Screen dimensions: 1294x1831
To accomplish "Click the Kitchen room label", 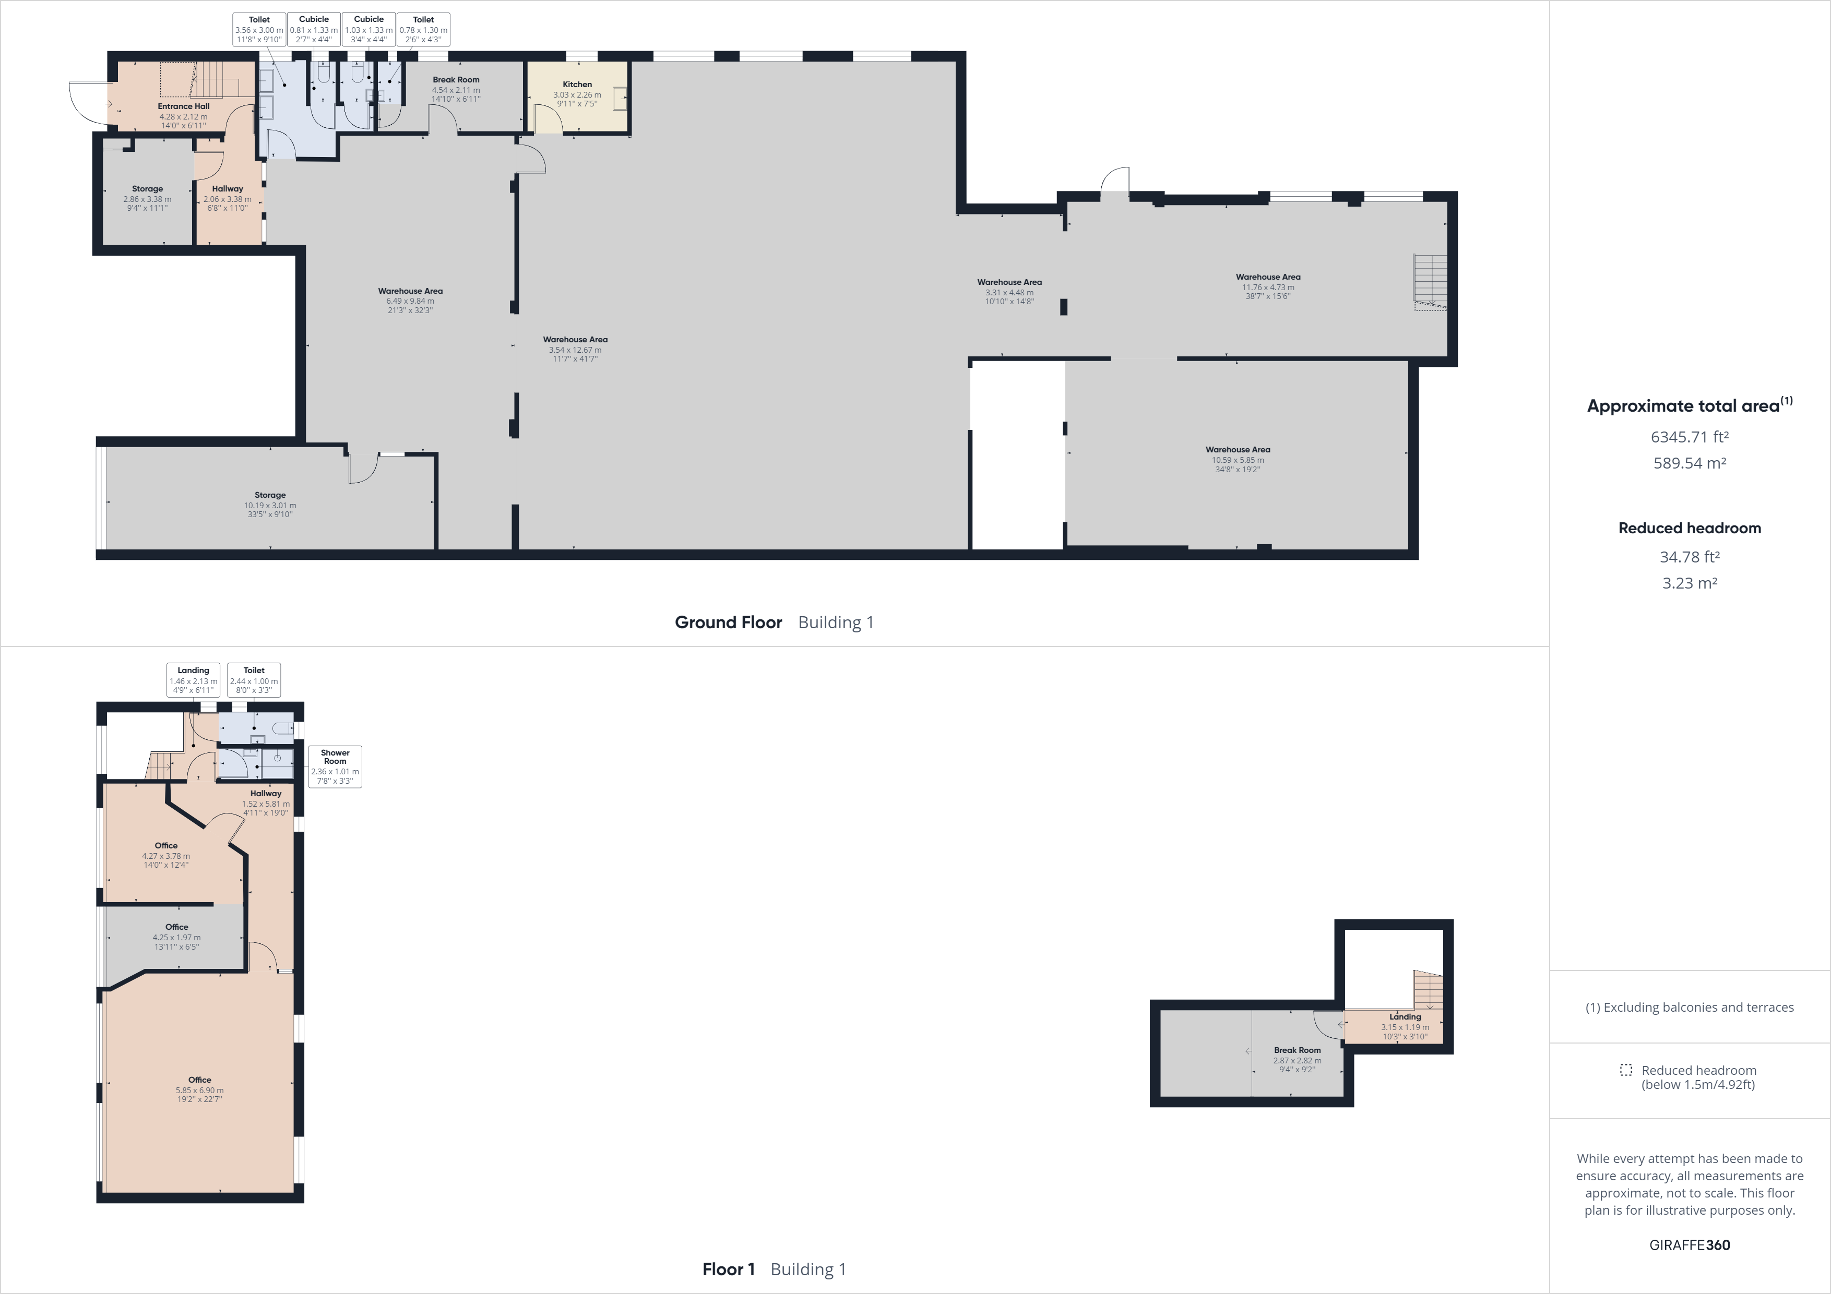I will pos(577,85).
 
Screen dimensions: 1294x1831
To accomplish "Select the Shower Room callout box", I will pos(335,766).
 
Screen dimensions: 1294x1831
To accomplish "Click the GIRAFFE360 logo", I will pos(1689,1244).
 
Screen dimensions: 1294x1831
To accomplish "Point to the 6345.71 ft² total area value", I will pos(1689,437).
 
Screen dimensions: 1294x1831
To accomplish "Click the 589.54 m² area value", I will pos(1689,463).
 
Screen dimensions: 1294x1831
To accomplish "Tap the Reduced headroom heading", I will pos(1689,528).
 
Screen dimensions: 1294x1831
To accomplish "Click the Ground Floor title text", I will pos(728,622).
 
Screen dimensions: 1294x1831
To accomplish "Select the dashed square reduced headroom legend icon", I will pos(1626,1070).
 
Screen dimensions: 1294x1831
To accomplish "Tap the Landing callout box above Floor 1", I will pos(193,680).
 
